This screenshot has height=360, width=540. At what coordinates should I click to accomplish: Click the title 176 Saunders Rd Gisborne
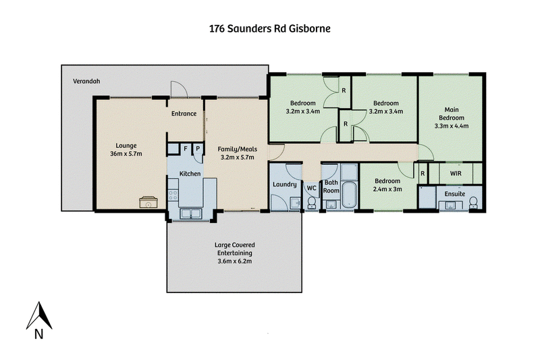269,28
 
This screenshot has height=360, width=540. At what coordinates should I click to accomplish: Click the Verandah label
86,81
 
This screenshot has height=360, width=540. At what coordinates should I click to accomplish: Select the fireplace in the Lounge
148,202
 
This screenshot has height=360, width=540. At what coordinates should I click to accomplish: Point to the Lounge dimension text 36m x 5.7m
126,153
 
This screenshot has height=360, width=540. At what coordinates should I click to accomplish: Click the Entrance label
184,113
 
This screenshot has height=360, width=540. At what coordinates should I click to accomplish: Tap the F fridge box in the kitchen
185,149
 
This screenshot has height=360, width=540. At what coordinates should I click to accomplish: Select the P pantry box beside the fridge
198,149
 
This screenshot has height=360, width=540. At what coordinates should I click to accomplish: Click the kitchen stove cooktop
173,195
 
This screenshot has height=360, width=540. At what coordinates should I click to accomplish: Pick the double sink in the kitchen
190,213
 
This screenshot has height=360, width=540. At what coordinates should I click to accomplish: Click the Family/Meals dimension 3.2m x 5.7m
238,157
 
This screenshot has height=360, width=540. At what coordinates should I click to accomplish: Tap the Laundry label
284,184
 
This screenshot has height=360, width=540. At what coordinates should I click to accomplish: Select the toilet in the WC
311,203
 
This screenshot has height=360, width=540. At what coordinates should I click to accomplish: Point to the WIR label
456,174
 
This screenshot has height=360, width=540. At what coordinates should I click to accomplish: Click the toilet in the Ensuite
474,203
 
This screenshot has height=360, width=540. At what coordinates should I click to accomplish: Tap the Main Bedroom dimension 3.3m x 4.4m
452,126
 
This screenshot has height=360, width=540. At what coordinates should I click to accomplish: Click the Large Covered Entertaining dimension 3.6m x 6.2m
234,261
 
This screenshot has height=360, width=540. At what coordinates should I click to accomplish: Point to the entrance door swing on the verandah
179,90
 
